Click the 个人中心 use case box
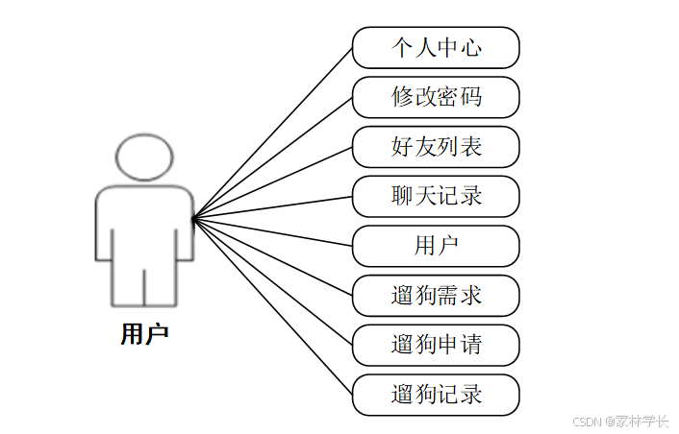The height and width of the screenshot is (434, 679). coord(436,47)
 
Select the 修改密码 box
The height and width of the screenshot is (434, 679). coord(436,97)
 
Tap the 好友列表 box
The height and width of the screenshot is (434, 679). coord(436,147)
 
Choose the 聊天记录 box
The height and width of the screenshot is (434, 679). coord(436,196)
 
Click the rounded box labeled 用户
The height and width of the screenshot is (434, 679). coord(436,246)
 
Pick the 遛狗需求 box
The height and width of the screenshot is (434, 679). coord(436,296)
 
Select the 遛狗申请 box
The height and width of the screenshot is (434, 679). coord(436,345)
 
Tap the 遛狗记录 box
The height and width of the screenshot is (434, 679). coord(436,395)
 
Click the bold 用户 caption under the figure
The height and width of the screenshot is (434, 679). coord(144,334)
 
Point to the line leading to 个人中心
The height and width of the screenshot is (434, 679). coord(273,133)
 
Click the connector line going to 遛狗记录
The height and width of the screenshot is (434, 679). coord(273,306)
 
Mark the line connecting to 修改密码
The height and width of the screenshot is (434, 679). coord(273,158)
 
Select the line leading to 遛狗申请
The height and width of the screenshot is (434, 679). coord(273,281)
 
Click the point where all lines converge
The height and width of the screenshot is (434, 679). coord(193,220)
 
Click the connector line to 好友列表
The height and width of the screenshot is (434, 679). coord(273,183)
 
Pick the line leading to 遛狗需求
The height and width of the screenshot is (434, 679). coord(273,257)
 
